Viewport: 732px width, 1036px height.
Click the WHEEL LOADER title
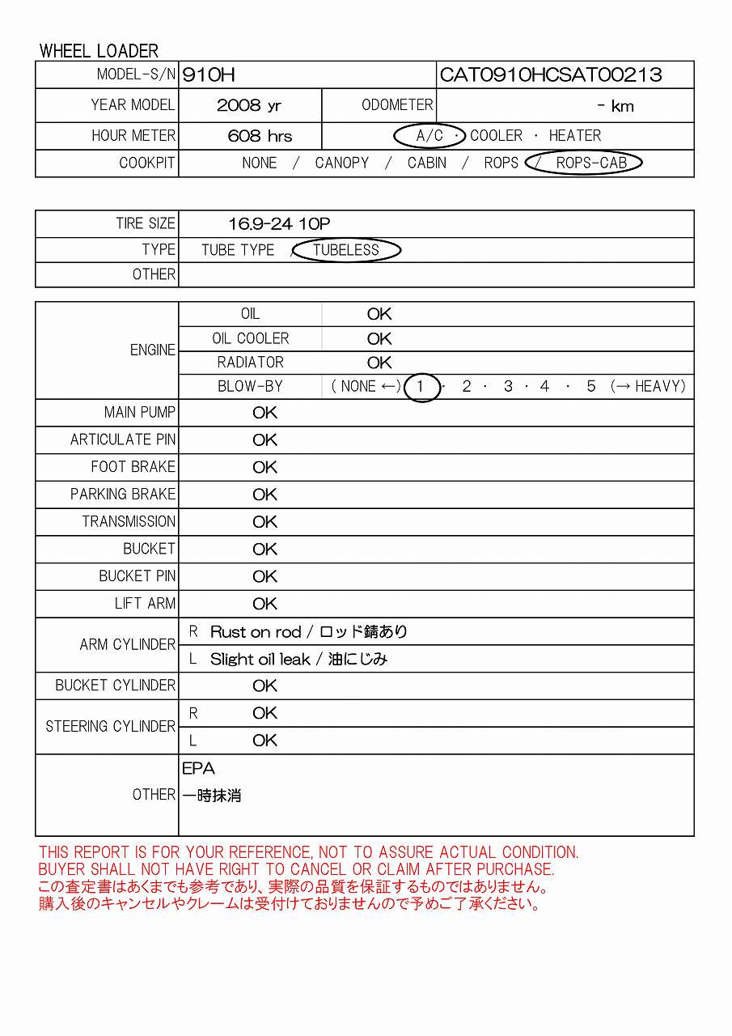click(99, 51)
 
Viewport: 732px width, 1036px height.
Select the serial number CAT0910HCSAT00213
click(550, 75)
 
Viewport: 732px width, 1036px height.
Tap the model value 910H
click(209, 75)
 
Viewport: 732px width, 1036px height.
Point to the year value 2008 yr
click(249, 106)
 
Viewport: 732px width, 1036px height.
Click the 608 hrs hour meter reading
click(260, 136)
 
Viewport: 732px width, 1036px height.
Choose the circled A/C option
click(429, 136)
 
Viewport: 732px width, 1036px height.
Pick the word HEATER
click(574, 136)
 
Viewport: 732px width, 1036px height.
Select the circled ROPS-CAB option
click(591, 163)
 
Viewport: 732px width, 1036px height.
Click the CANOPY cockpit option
click(341, 163)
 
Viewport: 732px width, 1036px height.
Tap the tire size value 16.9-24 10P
click(279, 224)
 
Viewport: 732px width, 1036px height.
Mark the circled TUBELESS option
click(346, 250)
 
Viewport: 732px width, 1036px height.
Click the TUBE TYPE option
click(238, 250)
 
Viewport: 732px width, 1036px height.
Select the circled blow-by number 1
click(421, 387)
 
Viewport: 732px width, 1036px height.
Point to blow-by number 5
click(591, 387)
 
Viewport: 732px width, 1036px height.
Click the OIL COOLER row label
click(250, 338)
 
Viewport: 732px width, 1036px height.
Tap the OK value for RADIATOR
click(379, 363)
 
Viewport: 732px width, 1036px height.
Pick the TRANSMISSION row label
click(129, 521)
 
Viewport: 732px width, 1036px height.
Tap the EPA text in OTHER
click(198, 769)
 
